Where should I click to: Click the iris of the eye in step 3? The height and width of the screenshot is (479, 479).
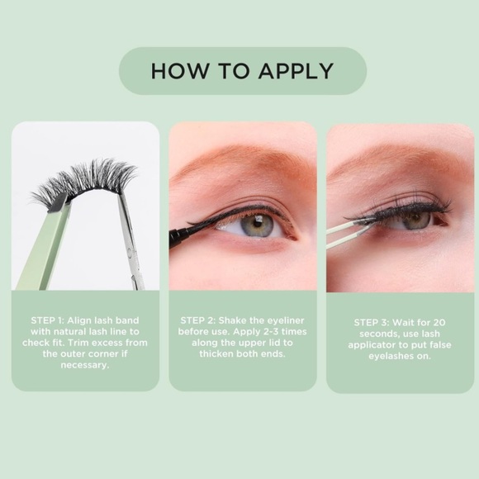(415, 220)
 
